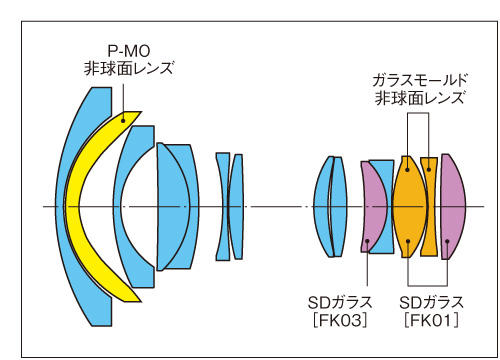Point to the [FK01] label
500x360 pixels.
coord(431,319)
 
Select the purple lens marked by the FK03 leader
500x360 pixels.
coord(372,205)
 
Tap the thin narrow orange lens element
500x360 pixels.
coord(429,205)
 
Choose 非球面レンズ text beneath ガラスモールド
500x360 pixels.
coord(420,97)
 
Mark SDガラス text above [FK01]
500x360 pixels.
coord(431,301)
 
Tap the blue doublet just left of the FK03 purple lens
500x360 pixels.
coord(330,205)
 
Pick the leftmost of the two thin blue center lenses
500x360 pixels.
coord(222,205)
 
